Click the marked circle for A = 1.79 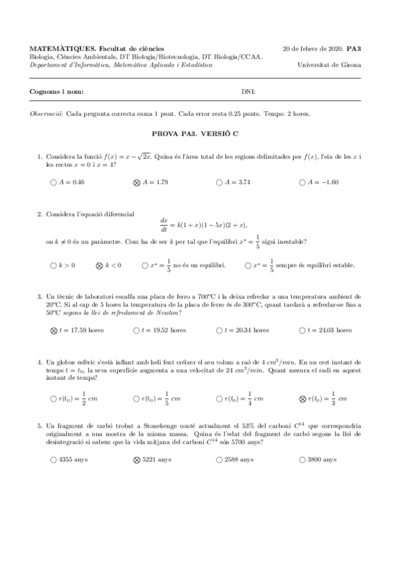point(137,182)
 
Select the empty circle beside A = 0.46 point(53,182)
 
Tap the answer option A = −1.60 point(303,182)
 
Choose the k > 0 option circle point(53,265)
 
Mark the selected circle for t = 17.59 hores point(53,330)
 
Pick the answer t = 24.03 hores point(303,330)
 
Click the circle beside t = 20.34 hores point(219,330)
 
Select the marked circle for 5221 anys point(137,459)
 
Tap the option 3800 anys point(303,459)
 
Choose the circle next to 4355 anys point(53,459)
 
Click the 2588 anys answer point(219,459)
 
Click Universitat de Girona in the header point(330,65)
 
